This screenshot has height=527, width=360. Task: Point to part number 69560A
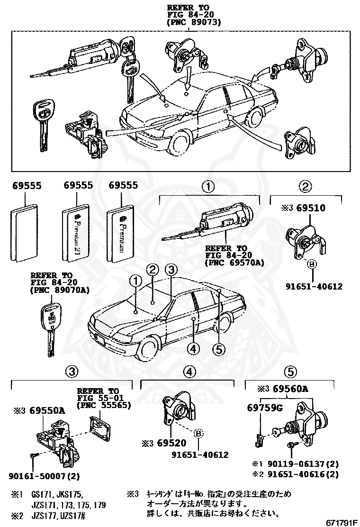pyautogui.click(x=289, y=390)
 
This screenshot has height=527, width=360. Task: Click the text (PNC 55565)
pyautogui.click(x=105, y=405)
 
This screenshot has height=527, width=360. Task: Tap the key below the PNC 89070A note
pyautogui.click(x=49, y=327)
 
